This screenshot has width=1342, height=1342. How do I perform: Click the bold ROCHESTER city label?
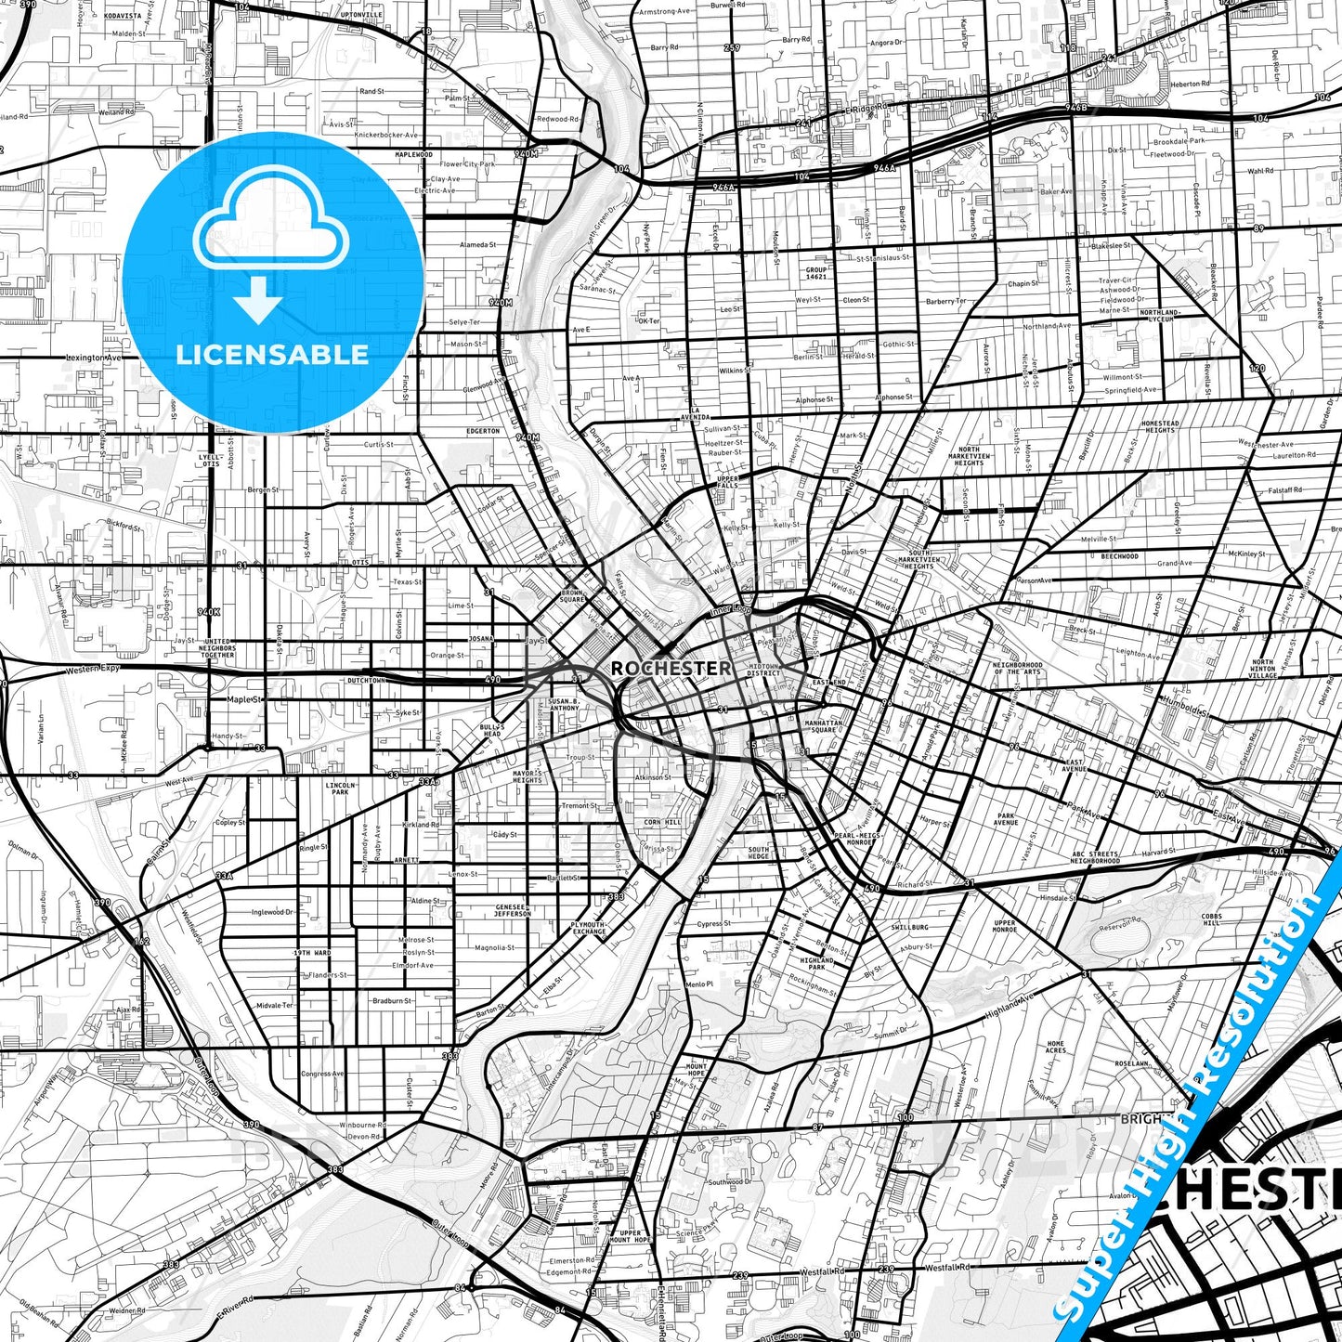[x=671, y=668]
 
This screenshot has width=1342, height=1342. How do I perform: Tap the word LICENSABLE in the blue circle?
[x=272, y=354]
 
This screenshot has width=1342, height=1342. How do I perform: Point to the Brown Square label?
[x=572, y=596]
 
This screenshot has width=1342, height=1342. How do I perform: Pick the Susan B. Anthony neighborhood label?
[x=564, y=704]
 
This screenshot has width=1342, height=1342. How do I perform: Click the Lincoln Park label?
[x=340, y=788]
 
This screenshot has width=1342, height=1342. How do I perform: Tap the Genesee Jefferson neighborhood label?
[x=513, y=910]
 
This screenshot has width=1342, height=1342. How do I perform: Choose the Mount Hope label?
[x=697, y=1069]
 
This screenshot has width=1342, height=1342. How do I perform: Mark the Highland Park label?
[x=817, y=963]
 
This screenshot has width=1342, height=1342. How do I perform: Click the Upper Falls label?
[x=728, y=482]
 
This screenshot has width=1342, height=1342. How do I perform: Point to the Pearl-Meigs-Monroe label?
[x=854, y=839]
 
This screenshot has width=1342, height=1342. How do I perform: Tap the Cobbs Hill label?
[x=1212, y=919]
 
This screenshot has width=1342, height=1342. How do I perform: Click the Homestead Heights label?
[x=1160, y=426]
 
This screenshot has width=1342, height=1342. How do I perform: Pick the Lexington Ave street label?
[x=93, y=358]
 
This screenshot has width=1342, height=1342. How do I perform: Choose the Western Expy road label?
[x=93, y=670]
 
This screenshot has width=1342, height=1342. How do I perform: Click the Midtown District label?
[x=763, y=670]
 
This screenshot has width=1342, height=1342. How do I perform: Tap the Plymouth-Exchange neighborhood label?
[x=588, y=928]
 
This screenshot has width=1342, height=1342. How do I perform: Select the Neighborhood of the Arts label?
[x=1017, y=669]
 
